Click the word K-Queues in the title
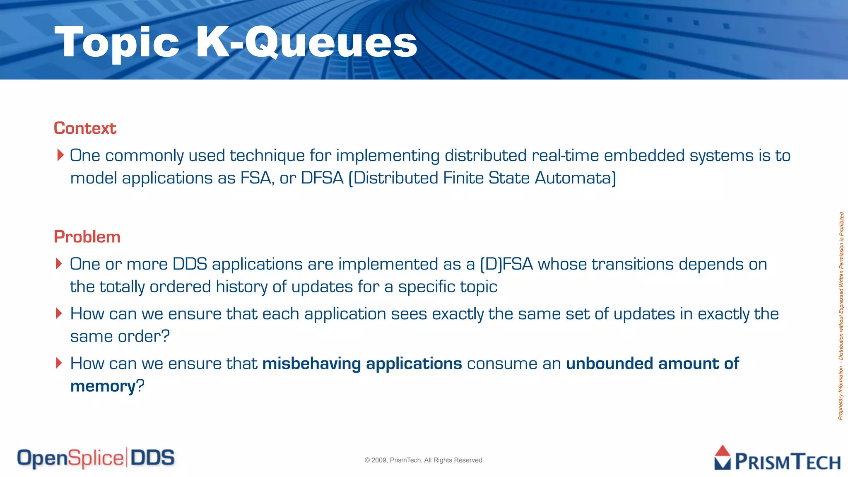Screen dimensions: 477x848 point(306,42)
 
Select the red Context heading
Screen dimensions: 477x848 point(85,128)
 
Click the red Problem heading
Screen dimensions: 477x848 point(87,237)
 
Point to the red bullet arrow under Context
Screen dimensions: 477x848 point(60,155)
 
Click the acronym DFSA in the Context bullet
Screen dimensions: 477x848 point(322,178)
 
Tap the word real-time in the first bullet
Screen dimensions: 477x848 point(565,156)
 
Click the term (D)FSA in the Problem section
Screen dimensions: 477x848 point(506,264)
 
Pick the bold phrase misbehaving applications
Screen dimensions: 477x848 point(362,364)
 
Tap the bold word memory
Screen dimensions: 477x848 point(103,386)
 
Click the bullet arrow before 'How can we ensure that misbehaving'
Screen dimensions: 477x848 point(59,363)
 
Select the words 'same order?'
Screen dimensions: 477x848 point(120,336)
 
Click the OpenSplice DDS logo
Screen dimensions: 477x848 point(96,458)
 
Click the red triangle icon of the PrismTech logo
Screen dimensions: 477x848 point(723,451)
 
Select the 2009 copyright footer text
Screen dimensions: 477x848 point(423,460)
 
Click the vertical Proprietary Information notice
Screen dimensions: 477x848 point(841,315)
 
